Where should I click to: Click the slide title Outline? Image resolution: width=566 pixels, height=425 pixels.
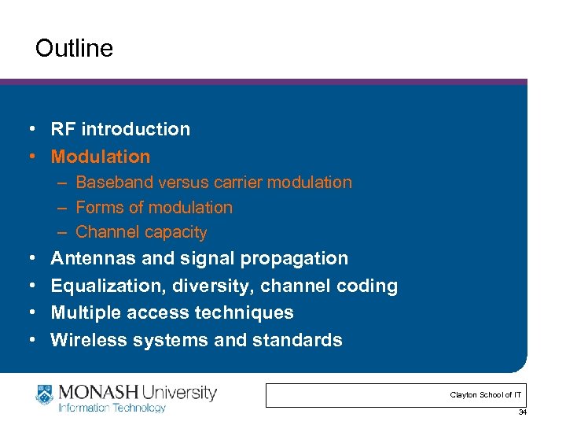pos(74,49)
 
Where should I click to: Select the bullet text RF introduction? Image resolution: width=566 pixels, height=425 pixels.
pos(120,129)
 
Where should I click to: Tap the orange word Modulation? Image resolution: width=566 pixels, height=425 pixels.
pos(100,157)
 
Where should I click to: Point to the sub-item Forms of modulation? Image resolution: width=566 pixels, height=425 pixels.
pos(154,208)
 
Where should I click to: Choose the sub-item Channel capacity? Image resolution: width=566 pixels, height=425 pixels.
pos(141,232)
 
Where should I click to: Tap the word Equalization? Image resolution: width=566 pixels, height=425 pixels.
pos(100,286)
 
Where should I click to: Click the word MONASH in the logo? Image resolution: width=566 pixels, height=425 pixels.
pos(96,391)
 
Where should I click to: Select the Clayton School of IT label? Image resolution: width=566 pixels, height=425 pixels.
pos(485,394)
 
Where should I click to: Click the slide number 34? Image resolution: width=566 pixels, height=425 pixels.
pos(522,412)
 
